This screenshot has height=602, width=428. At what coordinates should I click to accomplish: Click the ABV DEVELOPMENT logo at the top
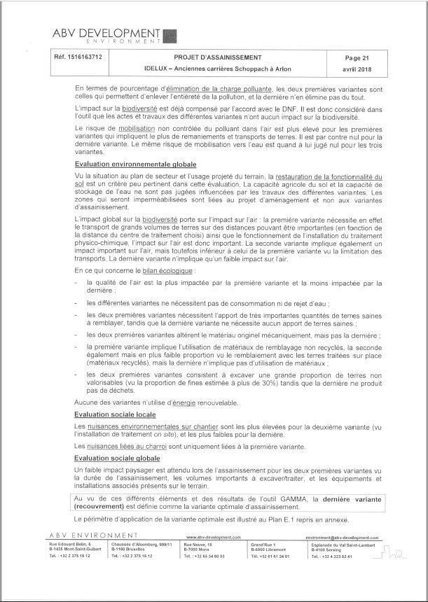[x=113, y=36]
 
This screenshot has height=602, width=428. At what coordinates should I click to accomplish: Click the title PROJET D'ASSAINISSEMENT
[x=218, y=57]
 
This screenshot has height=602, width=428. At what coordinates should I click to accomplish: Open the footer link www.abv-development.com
[x=214, y=537]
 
